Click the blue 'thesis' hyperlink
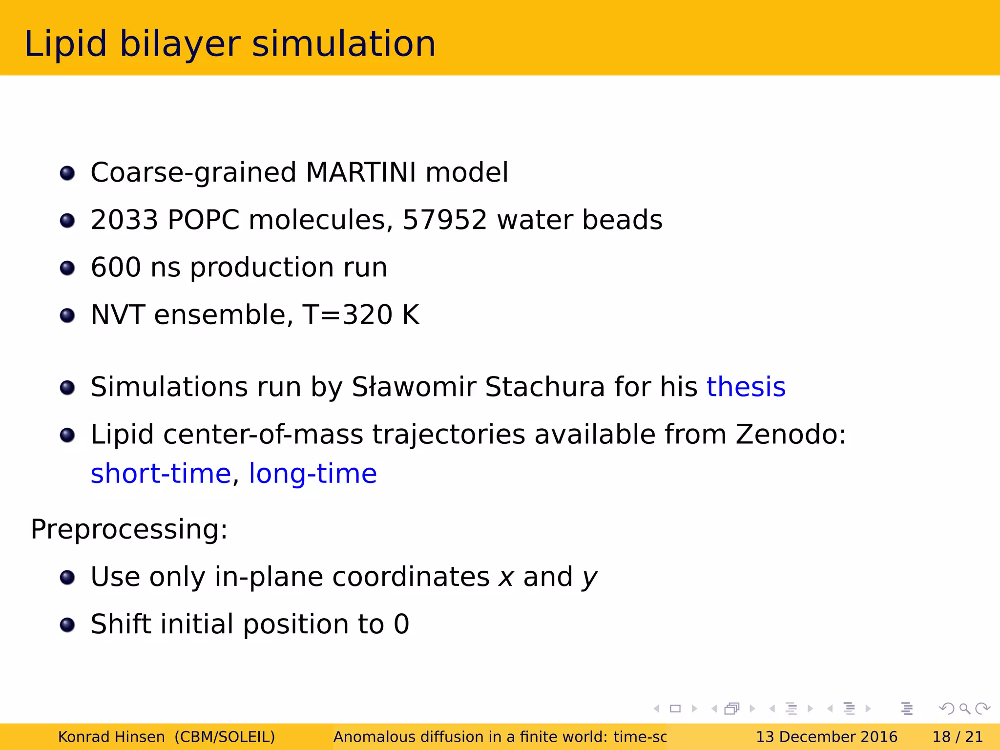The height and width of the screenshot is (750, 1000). click(746, 387)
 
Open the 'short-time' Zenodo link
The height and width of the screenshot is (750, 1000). click(161, 474)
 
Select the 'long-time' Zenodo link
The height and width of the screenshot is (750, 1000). click(312, 474)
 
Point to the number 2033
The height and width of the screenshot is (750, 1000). click(125, 220)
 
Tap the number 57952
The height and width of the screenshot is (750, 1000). click(444, 220)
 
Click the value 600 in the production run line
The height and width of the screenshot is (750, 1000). click(116, 268)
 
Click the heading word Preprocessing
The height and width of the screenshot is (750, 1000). click(129, 529)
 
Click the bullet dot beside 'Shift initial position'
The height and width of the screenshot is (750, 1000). click(67, 625)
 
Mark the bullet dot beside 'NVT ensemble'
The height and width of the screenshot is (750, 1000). click(67, 315)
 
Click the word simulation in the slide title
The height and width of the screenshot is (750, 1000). click(343, 44)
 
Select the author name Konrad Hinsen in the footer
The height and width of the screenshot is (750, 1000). click(111, 737)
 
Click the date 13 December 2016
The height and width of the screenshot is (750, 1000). click(826, 737)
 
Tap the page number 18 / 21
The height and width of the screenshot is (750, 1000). click(957, 737)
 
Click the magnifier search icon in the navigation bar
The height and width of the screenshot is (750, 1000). click(964, 708)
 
